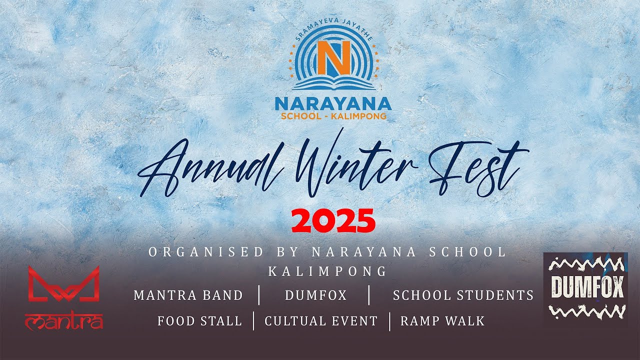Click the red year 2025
333,221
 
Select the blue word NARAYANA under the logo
333,103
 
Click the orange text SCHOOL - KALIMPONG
333,116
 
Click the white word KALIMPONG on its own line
327,271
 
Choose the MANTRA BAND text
188,295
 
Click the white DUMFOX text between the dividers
315,295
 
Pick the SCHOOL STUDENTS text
463,295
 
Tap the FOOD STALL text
199,321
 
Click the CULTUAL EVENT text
321,321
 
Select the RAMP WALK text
442,321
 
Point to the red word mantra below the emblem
64,321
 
